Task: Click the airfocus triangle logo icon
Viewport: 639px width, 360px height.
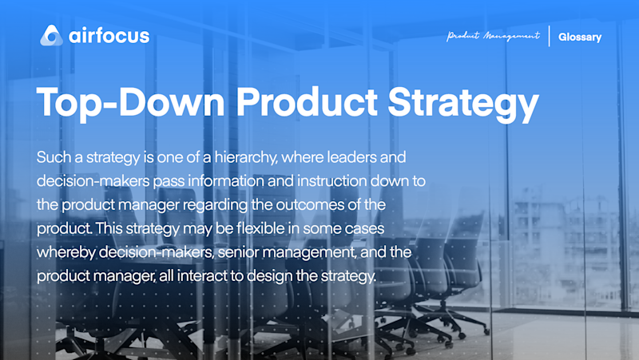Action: (51, 35)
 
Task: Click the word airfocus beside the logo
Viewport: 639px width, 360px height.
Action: (109, 36)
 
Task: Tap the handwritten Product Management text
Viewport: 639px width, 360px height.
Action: (493, 36)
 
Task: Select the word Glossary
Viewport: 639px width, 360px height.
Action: (580, 37)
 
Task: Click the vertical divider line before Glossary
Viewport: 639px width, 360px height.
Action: (550, 36)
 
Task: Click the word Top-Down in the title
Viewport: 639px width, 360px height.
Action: (130, 102)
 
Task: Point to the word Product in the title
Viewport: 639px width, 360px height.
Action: (307, 102)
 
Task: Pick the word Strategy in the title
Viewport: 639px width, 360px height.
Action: (463, 104)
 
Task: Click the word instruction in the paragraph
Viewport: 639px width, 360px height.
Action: (331, 181)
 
